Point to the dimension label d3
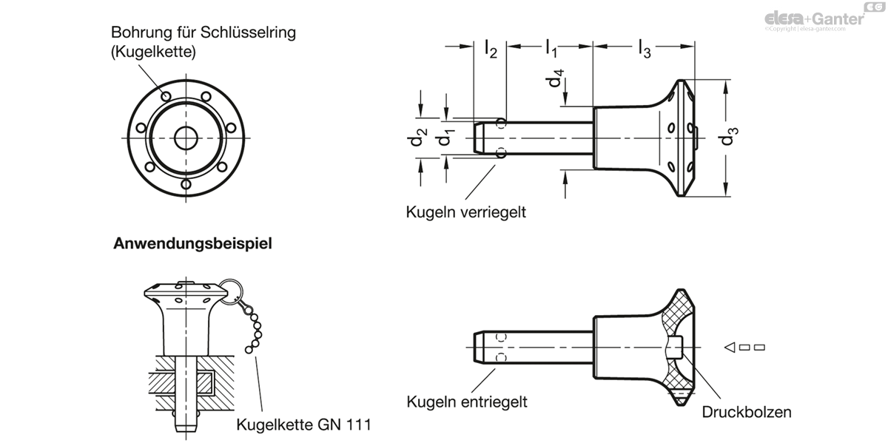(x=729, y=136)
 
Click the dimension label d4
(x=554, y=78)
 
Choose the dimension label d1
(x=445, y=137)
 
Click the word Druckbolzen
(x=747, y=412)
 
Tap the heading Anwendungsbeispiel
(x=192, y=243)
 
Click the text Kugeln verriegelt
(x=465, y=212)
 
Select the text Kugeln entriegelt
(x=467, y=402)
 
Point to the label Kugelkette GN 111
(x=303, y=425)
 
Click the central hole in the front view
(x=186, y=138)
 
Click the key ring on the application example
(x=230, y=291)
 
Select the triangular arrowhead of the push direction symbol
(x=730, y=347)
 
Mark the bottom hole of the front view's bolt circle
(x=186, y=184)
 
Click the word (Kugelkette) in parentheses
(x=153, y=52)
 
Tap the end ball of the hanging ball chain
(x=249, y=350)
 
